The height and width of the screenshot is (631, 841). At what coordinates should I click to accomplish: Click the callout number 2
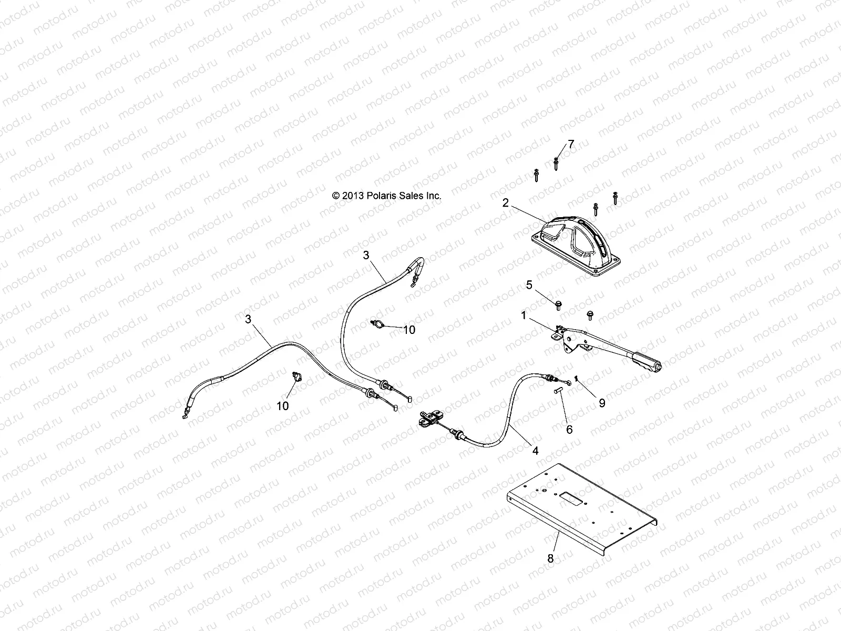click(506, 202)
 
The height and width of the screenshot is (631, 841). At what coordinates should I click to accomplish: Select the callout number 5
click(529, 284)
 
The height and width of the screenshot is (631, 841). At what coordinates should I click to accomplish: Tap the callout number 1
click(524, 315)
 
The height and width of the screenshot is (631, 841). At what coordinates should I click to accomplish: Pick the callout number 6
click(569, 429)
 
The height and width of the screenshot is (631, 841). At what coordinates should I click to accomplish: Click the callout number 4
click(536, 450)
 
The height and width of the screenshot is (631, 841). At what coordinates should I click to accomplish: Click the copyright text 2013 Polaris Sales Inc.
click(387, 196)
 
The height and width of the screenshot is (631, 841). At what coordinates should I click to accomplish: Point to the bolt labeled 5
click(559, 304)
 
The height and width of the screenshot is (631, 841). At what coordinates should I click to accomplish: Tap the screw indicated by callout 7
click(556, 164)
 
